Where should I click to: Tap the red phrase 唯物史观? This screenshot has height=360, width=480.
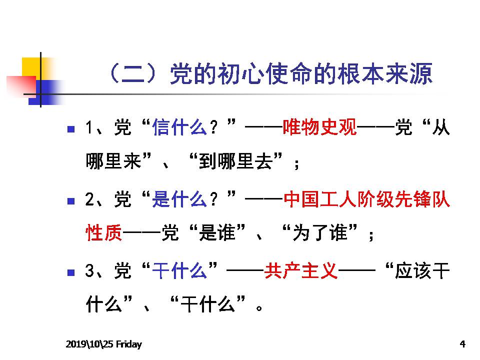pos(319,127)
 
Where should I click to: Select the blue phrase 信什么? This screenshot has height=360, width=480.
pos(179,127)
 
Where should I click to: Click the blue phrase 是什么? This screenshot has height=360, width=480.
pos(179,199)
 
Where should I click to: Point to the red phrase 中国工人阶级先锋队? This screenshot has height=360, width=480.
pos(366,199)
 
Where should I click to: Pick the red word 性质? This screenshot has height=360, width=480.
pos(104,232)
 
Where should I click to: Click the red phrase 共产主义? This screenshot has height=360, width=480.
pos(301,271)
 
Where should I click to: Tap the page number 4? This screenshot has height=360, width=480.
pos(462,344)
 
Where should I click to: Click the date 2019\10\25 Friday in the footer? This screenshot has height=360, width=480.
pos(104,344)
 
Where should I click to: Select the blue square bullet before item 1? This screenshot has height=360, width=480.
pos(71,129)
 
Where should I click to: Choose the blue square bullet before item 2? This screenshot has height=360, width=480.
pos(71,201)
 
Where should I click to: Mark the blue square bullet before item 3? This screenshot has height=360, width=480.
pos(71,272)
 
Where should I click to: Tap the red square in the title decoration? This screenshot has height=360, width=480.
pos(21,85)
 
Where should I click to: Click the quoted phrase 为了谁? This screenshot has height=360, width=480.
pos(320,232)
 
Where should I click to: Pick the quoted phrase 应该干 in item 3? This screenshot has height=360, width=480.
pos(422,271)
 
